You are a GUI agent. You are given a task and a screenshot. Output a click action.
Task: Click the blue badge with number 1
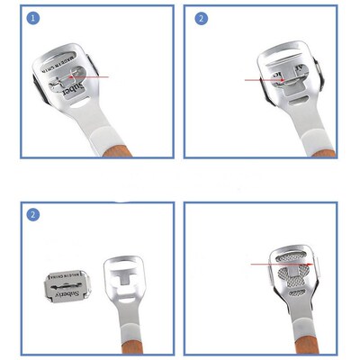coord(33,18)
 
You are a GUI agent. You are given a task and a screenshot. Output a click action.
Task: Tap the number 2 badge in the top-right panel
coord(202,18)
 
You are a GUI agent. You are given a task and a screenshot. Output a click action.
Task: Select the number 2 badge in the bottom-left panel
coord(33,214)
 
